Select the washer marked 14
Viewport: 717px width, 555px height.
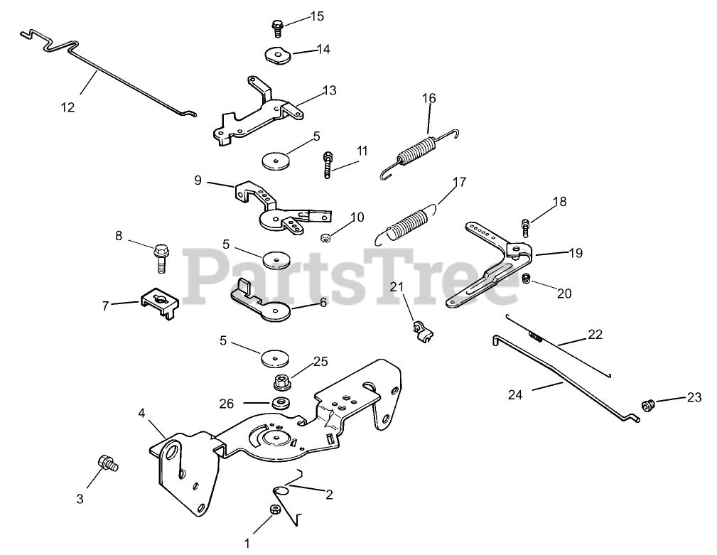point(277,54)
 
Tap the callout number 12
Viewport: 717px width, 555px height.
point(68,107)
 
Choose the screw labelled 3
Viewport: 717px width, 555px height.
point(109,463)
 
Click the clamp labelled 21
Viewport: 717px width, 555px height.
point(421,331)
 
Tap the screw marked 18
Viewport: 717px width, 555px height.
point(524,227)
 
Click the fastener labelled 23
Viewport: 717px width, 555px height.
point(647,405)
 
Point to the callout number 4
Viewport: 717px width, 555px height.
point(142,413)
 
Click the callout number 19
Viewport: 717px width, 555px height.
point(574,252)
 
